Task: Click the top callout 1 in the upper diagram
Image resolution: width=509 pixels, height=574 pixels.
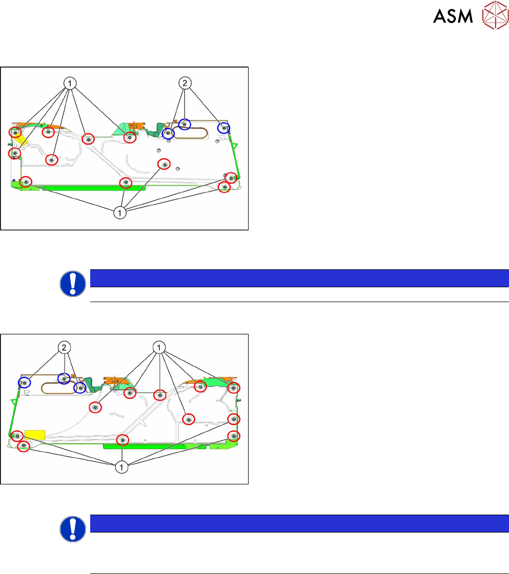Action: coord(70,82)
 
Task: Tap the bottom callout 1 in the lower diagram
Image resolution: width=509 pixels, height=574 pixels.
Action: coord(121,466)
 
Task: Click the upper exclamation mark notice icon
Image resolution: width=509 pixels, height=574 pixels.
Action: coord(73,284)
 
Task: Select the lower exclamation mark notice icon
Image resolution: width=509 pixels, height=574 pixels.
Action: coord(73,529)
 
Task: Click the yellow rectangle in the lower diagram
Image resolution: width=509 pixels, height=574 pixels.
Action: coord(35,435)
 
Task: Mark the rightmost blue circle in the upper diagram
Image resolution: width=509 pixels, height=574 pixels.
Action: coord(224,127)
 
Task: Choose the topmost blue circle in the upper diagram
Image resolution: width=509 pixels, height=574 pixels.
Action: coord(185,124)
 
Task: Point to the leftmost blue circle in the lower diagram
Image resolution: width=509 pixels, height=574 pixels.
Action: coord(24,382)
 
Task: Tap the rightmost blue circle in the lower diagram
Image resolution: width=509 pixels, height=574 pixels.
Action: coord(79,388)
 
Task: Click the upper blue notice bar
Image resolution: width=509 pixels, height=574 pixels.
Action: coord(299,278)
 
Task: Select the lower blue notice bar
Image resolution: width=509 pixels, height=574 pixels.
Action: coord(299,523)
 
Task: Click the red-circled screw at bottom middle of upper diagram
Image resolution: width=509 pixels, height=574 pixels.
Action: coord(126,183)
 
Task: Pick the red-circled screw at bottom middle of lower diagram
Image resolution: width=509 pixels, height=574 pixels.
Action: coord(122,440)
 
